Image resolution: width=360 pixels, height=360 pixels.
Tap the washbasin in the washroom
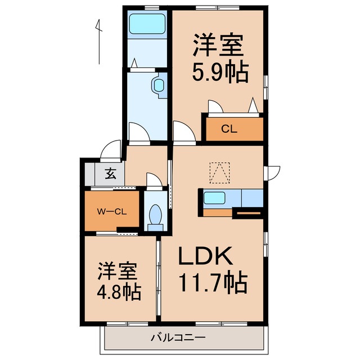(x=159, y=86)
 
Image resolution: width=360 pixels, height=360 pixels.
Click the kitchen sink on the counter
(x=214, y=198)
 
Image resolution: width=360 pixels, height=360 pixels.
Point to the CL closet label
(x=229, y=129)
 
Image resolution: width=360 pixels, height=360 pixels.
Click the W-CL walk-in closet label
(x=111, y=211)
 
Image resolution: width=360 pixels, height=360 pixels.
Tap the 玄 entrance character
(x=111, y=174)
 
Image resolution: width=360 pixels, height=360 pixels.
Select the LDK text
(x=205, y=258)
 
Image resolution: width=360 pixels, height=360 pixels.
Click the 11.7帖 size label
(x=213, y=282)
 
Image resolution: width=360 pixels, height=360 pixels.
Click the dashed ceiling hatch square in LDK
(x=219, y=173)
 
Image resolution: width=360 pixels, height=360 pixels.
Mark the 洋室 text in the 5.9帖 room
(x=220, y=44)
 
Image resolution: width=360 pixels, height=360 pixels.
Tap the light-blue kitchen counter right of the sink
(x=251, y=198)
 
